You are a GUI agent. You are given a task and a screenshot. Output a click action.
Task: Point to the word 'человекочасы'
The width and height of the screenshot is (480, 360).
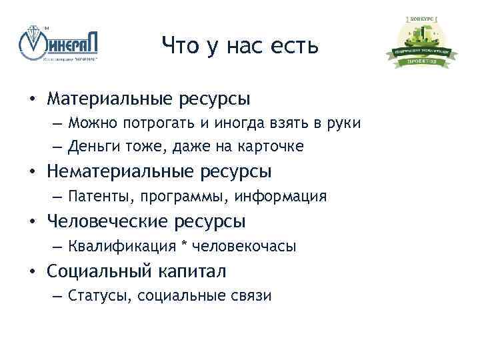click(x=244, y=246)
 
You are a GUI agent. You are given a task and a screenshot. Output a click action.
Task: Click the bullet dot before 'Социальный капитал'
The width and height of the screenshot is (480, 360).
click(x=31, y=272)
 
